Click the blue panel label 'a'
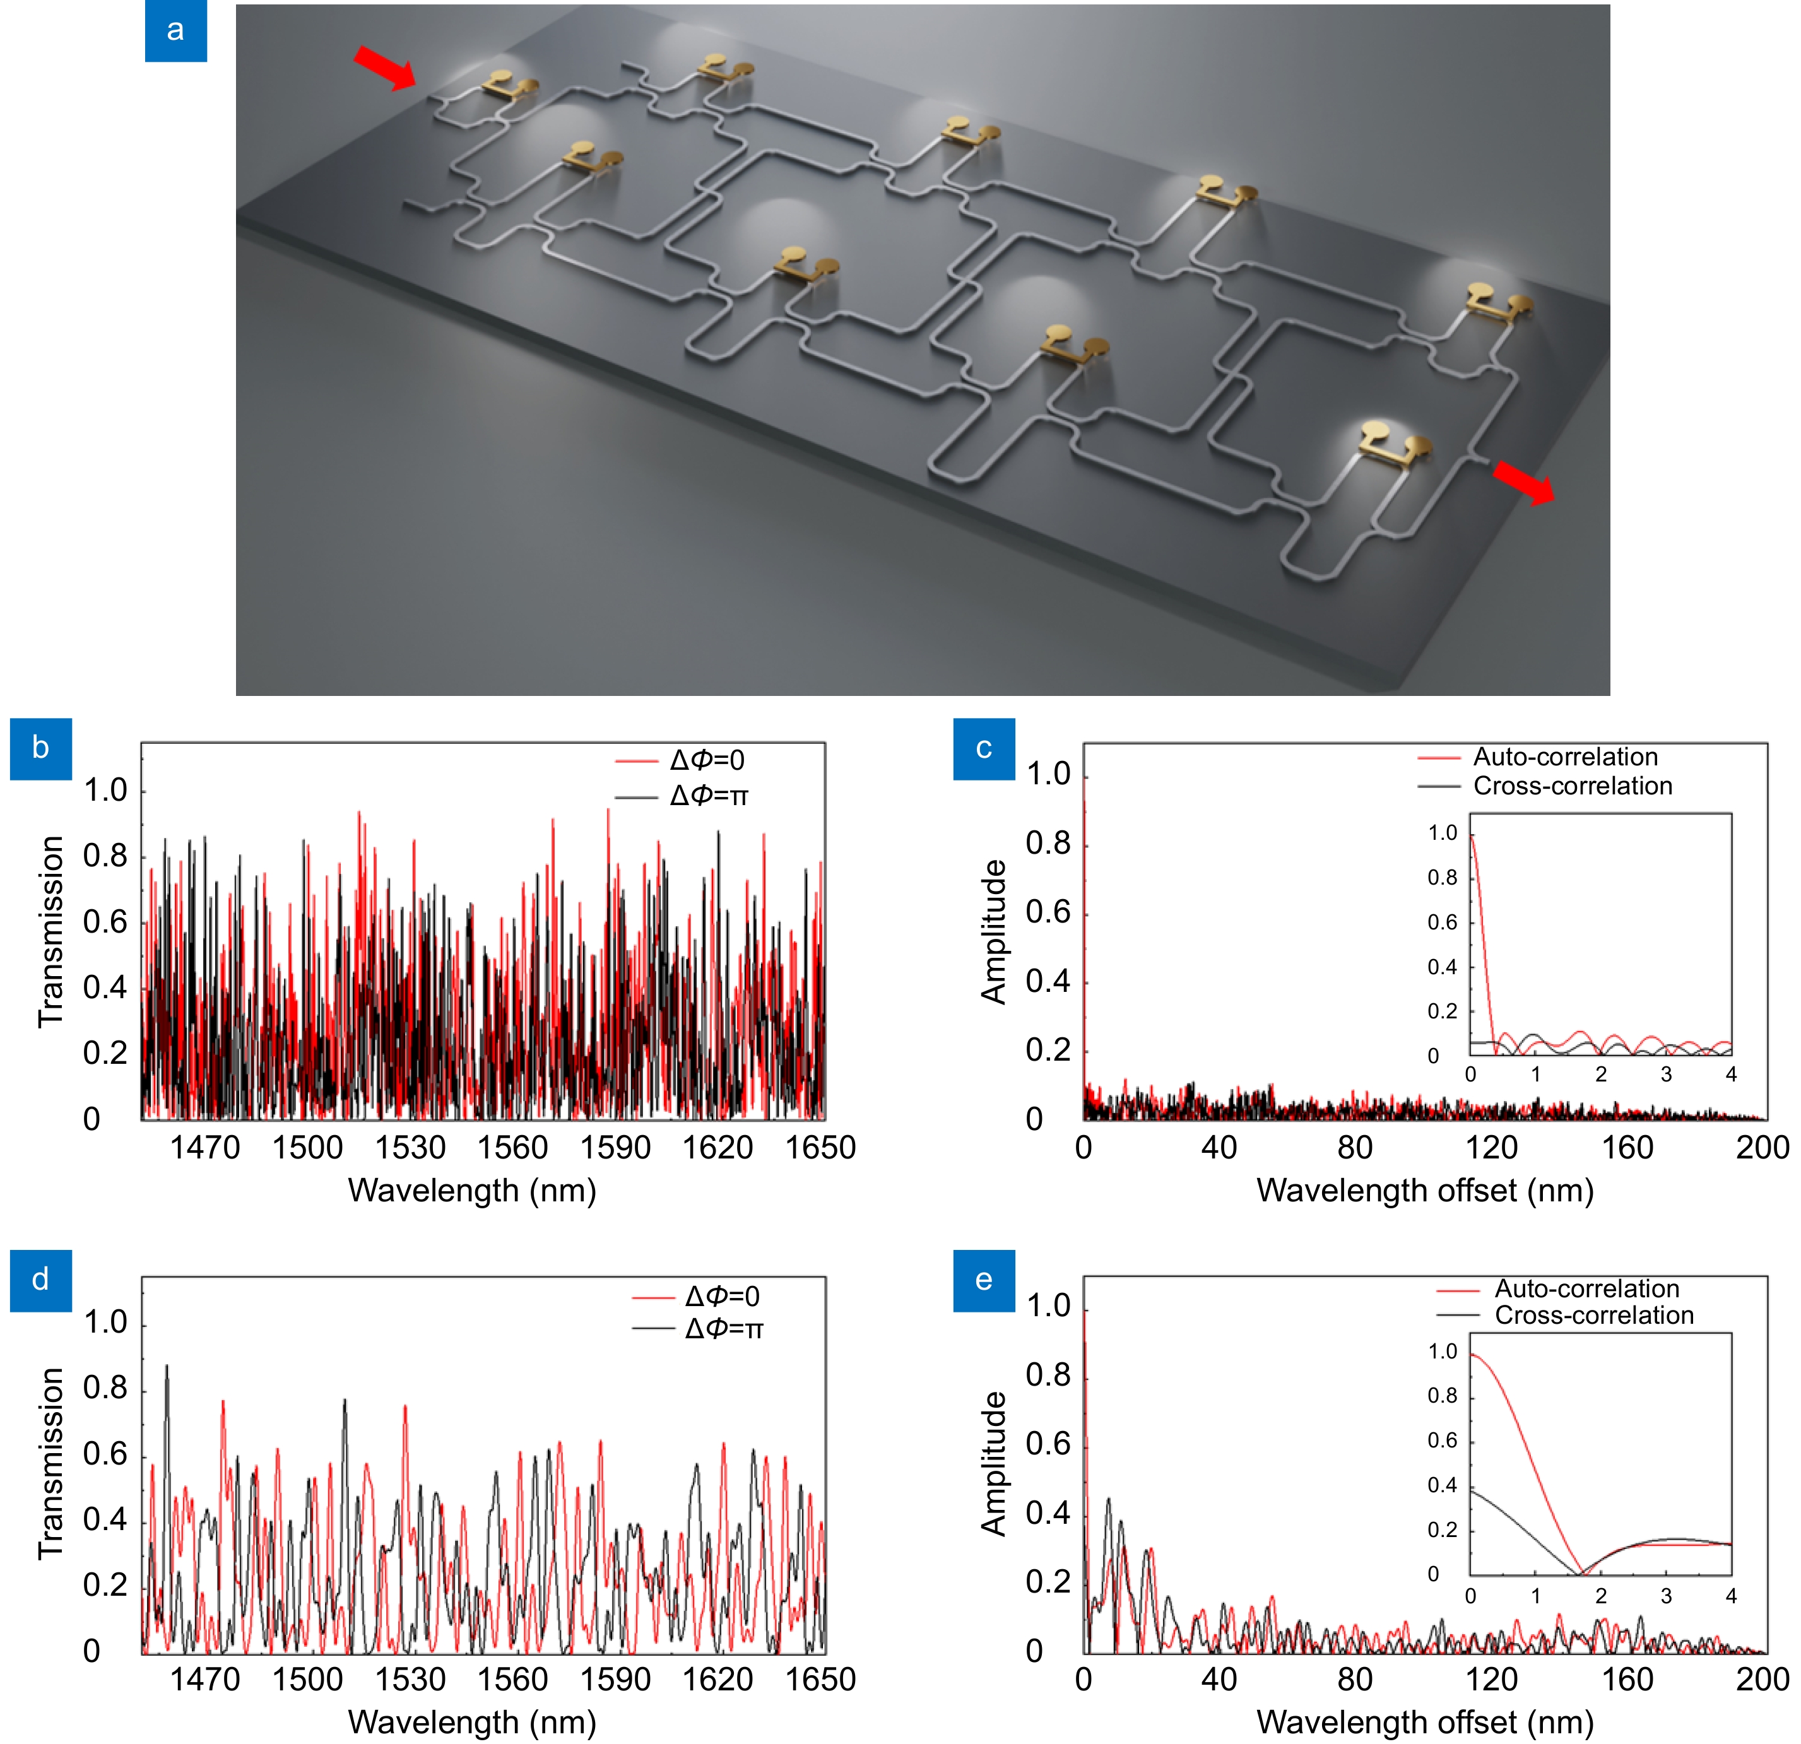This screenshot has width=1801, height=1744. coord(175,32)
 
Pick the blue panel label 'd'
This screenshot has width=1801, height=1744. coord(40,1280)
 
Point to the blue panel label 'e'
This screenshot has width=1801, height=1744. coord(983,1280)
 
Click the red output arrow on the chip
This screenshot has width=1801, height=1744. coord(1523,483)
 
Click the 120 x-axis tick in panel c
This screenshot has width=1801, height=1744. coord(1491,1148)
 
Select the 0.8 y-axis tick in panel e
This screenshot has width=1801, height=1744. coord(1048,1376)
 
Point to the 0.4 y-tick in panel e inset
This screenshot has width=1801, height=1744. coord(1442,1486)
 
